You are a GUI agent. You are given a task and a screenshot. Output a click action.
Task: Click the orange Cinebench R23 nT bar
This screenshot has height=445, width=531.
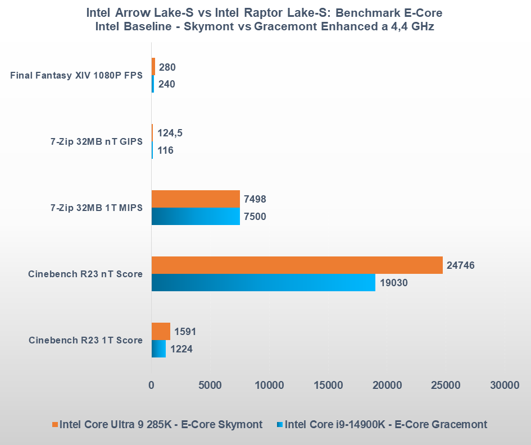(297, 265)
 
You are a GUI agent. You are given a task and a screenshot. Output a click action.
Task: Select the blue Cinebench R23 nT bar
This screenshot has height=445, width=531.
(263, 282)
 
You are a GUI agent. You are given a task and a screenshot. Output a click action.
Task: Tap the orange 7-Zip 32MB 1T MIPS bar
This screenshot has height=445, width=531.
(196, 199)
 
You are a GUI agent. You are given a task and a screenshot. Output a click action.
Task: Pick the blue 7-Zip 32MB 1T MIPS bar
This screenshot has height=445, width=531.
(196, 216)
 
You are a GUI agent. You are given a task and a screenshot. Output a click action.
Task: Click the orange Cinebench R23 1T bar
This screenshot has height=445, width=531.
(161, 332)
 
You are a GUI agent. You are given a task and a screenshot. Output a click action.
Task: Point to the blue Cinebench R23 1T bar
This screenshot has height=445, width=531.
(158, 348)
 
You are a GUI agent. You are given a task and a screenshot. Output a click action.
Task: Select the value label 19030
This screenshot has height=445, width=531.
(394, 282)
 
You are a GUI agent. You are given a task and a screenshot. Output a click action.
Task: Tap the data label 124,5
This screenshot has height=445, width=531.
(170, 133)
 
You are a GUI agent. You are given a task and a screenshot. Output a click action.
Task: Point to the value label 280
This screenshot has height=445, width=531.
(167, 67)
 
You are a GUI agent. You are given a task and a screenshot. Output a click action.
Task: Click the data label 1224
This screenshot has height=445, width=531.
(181, 349)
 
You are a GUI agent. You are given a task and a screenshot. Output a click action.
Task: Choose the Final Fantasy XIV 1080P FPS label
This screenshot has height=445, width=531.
(76, 76)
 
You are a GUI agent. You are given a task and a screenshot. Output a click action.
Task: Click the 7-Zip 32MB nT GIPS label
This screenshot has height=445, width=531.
(96, 141)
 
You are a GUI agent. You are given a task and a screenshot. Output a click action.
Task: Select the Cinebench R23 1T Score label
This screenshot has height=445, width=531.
(85, 340)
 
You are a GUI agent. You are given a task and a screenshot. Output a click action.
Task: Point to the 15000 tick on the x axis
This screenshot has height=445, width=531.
(328, 386)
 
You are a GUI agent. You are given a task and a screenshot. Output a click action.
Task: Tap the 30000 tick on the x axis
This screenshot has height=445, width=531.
(504, 386)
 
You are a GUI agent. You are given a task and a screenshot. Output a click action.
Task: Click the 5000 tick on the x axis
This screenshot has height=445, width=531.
(210, 386)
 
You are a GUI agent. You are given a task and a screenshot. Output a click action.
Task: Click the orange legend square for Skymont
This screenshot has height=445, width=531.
(55, 425)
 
